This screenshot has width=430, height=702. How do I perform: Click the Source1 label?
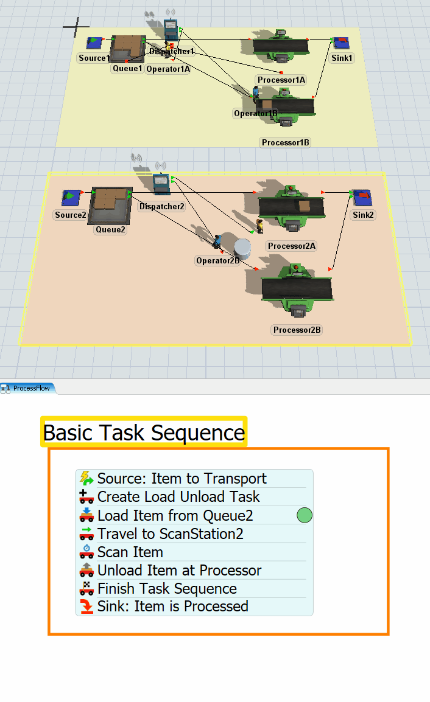[x=94, y=58]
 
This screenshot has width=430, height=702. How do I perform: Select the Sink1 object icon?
[x=342, y=43]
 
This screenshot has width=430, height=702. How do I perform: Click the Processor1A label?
[x=281, y=80]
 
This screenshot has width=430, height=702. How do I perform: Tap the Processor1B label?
[x=286, y=142]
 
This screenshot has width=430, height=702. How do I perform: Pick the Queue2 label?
[x=110, y=230]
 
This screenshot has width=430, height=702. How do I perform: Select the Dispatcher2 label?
[x=161, y=207]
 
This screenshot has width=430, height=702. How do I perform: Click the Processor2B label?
[x=297, y=330]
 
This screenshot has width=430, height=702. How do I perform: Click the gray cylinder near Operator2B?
[x=242, y=247]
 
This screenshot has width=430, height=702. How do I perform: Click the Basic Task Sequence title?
[x=144, y=433]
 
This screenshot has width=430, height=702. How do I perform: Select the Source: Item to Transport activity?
[x=182, y=479]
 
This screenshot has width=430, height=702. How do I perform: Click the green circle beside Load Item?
[x=305, y=516]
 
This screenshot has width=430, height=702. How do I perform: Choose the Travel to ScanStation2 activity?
[x=170, y=534]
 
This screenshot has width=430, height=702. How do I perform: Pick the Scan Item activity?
[x=130, y=552]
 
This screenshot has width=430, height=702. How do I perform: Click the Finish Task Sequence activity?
[x=166, y=589]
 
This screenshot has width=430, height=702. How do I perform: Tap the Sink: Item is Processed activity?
[x=172, y=606]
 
